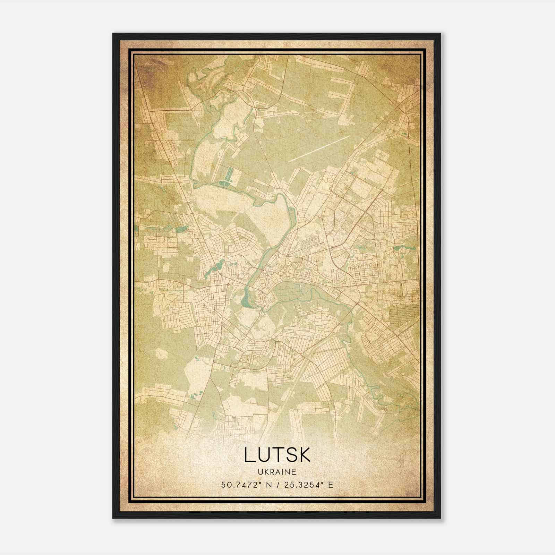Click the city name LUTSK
coord(277,455)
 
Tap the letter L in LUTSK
coord(249,455)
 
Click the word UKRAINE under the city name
coord(277,472)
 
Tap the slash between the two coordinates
coord(278,485)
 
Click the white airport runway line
coord(319,149)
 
